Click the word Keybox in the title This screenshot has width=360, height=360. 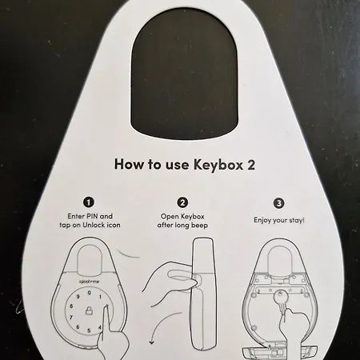pyautogui.click(x=218, y=165)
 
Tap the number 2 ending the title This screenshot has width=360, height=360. pyautogui.click(x=250, y=165)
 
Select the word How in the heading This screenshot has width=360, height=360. pyautogui.click(x=130, y=164)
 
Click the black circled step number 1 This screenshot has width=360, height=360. pyautogui.click(x=89, y=202)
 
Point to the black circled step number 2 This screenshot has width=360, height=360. pyautogui.click(x=182, y=202)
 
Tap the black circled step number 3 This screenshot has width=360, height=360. pyautogui.click(x=279, y=203)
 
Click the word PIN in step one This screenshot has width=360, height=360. pyautogui.click(x=91, y=216)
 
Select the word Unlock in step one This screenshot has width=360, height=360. pyautogui.click(x=94, y=225)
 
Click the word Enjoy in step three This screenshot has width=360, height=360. pyautogui.click(x=262, y=221)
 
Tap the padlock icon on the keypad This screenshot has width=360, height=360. pyautogui.click(x=89, y=310)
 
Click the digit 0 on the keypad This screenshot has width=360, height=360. pyautogui.click(x=90, y=293)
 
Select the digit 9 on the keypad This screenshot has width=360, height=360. pyautogui.click(x=78, y=297)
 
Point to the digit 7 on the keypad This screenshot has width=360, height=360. pyautogui.click(x=71, y=318)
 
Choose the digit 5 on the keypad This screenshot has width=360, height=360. pyautogui.click(x=89, y=330)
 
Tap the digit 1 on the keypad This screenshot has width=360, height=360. pyautogui.click(x=100, y=297)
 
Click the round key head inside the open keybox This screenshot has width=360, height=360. pyautogui.click(x=279, y=296)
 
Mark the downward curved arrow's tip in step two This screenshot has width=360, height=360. pyautogui.click(x=152, y=343)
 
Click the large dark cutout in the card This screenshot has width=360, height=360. pyautogui.click(x=184, y=74)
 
